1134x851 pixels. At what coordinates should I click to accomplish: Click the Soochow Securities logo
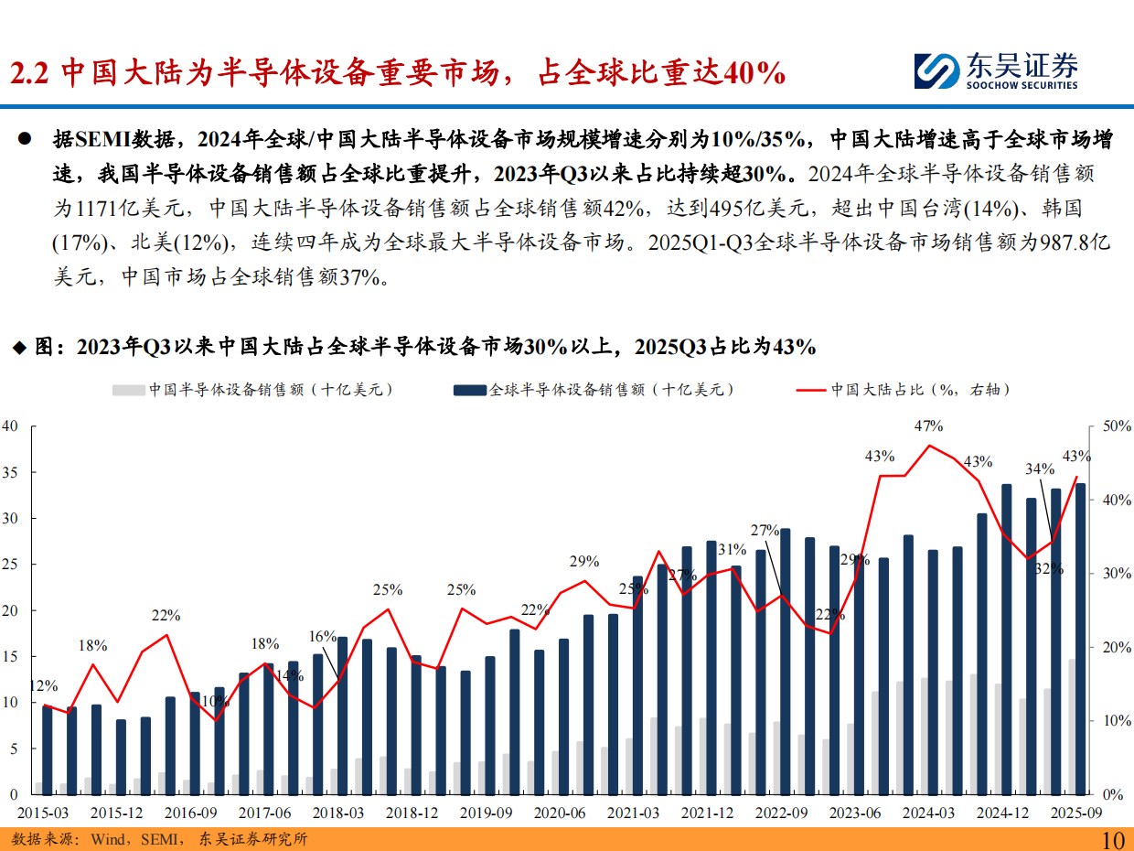point(996,70)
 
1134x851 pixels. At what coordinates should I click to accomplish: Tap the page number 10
point(1113,839)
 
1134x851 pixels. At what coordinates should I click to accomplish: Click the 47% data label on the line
point(928,425)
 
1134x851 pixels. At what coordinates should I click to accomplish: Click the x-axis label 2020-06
point(559,813)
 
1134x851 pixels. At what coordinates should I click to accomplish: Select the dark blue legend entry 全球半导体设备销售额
point(595,390)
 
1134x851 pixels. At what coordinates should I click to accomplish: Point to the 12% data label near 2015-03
point(43,685)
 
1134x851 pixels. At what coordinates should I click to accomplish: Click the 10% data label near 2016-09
point(216,701)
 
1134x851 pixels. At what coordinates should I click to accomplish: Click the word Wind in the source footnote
point(108,839)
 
